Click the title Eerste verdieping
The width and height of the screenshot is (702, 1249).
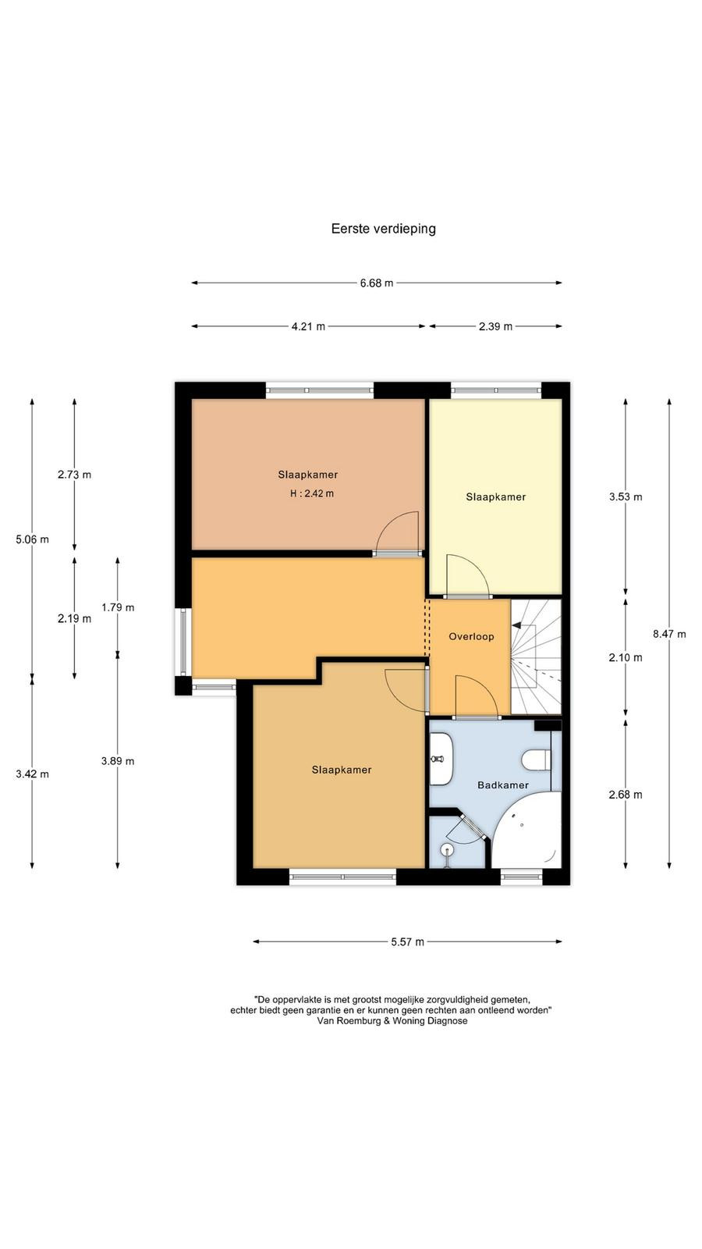click(x=383, y=229)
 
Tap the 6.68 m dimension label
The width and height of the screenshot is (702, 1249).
click(x=377, y=283)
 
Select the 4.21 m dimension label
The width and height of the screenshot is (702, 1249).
click(x=308, y=327)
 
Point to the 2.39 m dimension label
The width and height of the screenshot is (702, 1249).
click(x=495, y=327)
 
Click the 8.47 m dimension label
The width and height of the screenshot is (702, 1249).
click(x=669, y=634)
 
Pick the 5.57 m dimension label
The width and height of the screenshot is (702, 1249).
click(x=407, y=942)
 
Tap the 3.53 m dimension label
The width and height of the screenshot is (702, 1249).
click(x=626, y=496)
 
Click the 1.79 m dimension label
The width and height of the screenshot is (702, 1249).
click(x=118, y=608)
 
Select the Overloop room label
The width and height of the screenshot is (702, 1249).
click(x=471, y=637)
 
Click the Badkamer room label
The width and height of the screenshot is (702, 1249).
click(x=503, y=785)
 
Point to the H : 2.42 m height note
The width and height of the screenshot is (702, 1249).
click(x=312, y=493)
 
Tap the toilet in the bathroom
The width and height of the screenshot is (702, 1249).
click(x=536, y=760)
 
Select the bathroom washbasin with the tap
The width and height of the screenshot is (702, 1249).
click(x=441, y=759)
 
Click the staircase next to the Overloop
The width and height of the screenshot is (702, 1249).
click(x=536, y=657)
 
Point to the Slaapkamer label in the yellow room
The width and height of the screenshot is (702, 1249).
click(x=496, y=496)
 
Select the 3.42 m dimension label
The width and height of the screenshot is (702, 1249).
click(x=32, y=774)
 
